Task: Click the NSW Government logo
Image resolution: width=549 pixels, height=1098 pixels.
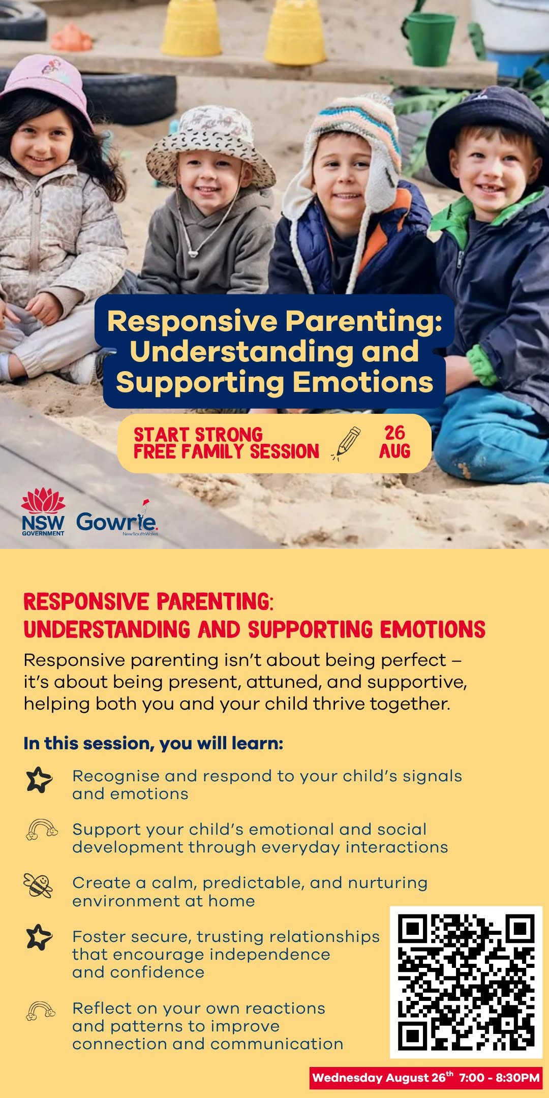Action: [x=43, y=512]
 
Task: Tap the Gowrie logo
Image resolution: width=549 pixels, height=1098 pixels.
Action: [x=117, y=518]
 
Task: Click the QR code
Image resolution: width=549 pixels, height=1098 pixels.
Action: [x=466, y=982]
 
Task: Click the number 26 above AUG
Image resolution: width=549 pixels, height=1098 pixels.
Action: [x=394, y=433]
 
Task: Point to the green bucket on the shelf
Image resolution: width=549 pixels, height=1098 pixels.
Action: [x=430, y=36]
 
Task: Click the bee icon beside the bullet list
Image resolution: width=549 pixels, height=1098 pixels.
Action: [x=38, y=886]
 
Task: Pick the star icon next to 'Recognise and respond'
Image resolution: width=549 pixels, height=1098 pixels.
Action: [x=39, y=780]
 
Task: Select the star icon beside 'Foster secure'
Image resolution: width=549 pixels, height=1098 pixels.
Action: [x=39, y=937]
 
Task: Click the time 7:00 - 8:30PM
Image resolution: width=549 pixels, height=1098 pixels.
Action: [x=499, y=1078]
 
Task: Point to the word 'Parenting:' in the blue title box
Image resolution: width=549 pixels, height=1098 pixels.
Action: [x=363, y=322]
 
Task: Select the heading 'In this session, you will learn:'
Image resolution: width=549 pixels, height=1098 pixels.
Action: [x=153, y=743]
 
